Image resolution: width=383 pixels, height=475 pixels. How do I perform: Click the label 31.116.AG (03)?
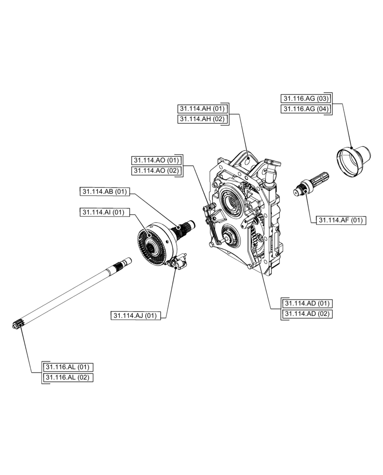[x=305, y=98]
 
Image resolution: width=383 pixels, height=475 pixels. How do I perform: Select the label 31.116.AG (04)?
[x=305, y=109]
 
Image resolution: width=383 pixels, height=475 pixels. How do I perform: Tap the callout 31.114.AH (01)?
[x=201, y=108]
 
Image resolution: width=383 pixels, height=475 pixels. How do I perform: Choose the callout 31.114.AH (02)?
[x=201, y=119]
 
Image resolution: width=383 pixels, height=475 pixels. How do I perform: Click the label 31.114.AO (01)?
[x=155, y=160]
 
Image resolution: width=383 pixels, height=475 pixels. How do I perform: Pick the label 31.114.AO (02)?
[x=155, y=170]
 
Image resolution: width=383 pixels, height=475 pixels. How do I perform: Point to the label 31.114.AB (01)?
[x=104, y=191]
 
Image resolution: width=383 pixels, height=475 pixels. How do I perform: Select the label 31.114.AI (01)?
[x=102, y=212]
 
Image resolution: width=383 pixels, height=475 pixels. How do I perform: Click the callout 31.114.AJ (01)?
[x=136, y=315]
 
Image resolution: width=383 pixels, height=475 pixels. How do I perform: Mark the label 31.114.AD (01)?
[x=307, y=303]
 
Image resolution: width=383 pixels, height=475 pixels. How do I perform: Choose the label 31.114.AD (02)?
[x=307, y=313]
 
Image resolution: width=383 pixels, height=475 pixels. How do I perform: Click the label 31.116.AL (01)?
[x=67, y=367]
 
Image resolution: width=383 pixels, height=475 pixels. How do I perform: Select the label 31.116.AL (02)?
[x=67, y=377]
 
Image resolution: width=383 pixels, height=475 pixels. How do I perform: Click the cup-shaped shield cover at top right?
[x=354, y=161]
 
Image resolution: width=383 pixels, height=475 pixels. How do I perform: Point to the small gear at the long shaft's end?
[x=18, y=325]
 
